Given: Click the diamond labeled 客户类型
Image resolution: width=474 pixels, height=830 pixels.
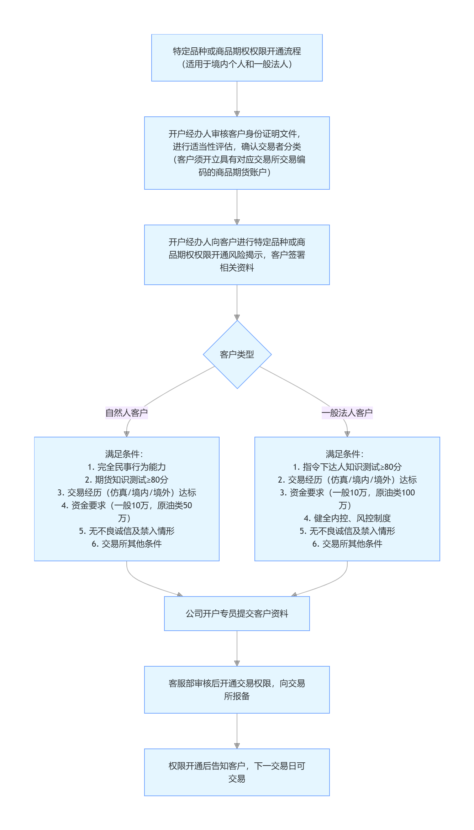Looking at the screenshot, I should click(x=237, y=354).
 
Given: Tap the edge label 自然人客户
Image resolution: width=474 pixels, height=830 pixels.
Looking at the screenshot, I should click(x=126, y=413).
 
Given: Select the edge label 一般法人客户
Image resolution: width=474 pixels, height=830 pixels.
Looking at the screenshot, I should click(x=347, y=413).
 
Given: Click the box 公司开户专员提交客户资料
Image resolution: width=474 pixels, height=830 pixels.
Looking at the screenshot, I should click(x=237, y=613).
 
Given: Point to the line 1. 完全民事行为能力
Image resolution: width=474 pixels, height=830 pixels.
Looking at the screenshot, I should click(x=127, y=467).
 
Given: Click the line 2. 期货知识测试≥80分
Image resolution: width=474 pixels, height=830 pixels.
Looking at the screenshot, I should click(x=127, y=479).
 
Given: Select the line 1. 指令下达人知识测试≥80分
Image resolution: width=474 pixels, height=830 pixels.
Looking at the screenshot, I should click(x=347, y=467).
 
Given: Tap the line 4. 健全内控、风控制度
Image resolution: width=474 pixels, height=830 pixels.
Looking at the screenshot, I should click(x=347, y=518).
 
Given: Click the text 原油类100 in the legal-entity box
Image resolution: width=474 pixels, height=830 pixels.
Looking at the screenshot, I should click(x=395, y=492).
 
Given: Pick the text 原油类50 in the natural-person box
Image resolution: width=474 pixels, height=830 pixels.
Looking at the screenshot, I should click(x=174, y=505).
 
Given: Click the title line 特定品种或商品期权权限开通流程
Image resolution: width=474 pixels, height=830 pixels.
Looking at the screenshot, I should click(x=237, y=51).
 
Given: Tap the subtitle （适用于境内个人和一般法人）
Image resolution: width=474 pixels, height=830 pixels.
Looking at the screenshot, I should click(x=237, y=64).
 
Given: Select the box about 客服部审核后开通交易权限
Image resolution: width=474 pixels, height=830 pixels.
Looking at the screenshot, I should click(x=237, y=689).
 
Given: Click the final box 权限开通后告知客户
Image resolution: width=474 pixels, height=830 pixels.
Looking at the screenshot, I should click(x=237, y=772).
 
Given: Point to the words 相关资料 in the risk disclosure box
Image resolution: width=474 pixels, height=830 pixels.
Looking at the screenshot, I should click(x=237, y=268).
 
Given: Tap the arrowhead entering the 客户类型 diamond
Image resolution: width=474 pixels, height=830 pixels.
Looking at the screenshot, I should click(x=237, y=317).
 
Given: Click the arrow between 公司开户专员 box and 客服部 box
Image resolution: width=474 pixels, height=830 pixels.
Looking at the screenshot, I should click(x=237, y=648).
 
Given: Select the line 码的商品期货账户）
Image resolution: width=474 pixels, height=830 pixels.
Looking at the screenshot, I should click(x=235, y=172).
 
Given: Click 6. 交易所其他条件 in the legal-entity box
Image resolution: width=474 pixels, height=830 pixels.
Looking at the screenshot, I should click(x=347, y=543).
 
